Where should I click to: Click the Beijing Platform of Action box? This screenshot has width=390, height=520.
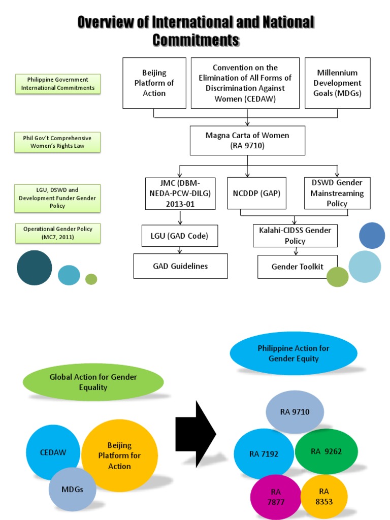tap(154, 83)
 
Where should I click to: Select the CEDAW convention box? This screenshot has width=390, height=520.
tap(245, 83)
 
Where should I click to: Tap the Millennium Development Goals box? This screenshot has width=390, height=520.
tap(337, 83)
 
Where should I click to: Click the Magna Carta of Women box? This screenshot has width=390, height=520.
tap(247, 141)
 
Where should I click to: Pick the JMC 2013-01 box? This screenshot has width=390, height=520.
tap(180, 193)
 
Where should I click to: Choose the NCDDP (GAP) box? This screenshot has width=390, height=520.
tap(257, 193)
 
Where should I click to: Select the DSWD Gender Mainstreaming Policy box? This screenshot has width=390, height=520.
tap(337, 193)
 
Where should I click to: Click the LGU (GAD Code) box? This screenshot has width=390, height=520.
tap(180, 236)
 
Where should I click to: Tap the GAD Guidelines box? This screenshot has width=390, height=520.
tap(180, 266)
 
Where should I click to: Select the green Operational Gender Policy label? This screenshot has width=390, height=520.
tap(58, 233)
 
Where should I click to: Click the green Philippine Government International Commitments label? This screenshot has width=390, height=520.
tap(58, 84)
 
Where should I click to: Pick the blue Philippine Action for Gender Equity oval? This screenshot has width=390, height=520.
tap(294, 353)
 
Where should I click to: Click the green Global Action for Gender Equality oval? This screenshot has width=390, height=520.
tap(93, 382)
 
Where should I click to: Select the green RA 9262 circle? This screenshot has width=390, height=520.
tap(327, 451)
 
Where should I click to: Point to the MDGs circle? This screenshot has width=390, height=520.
tap(73, 490)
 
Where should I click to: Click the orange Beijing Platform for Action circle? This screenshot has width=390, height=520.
tap(120, 455)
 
